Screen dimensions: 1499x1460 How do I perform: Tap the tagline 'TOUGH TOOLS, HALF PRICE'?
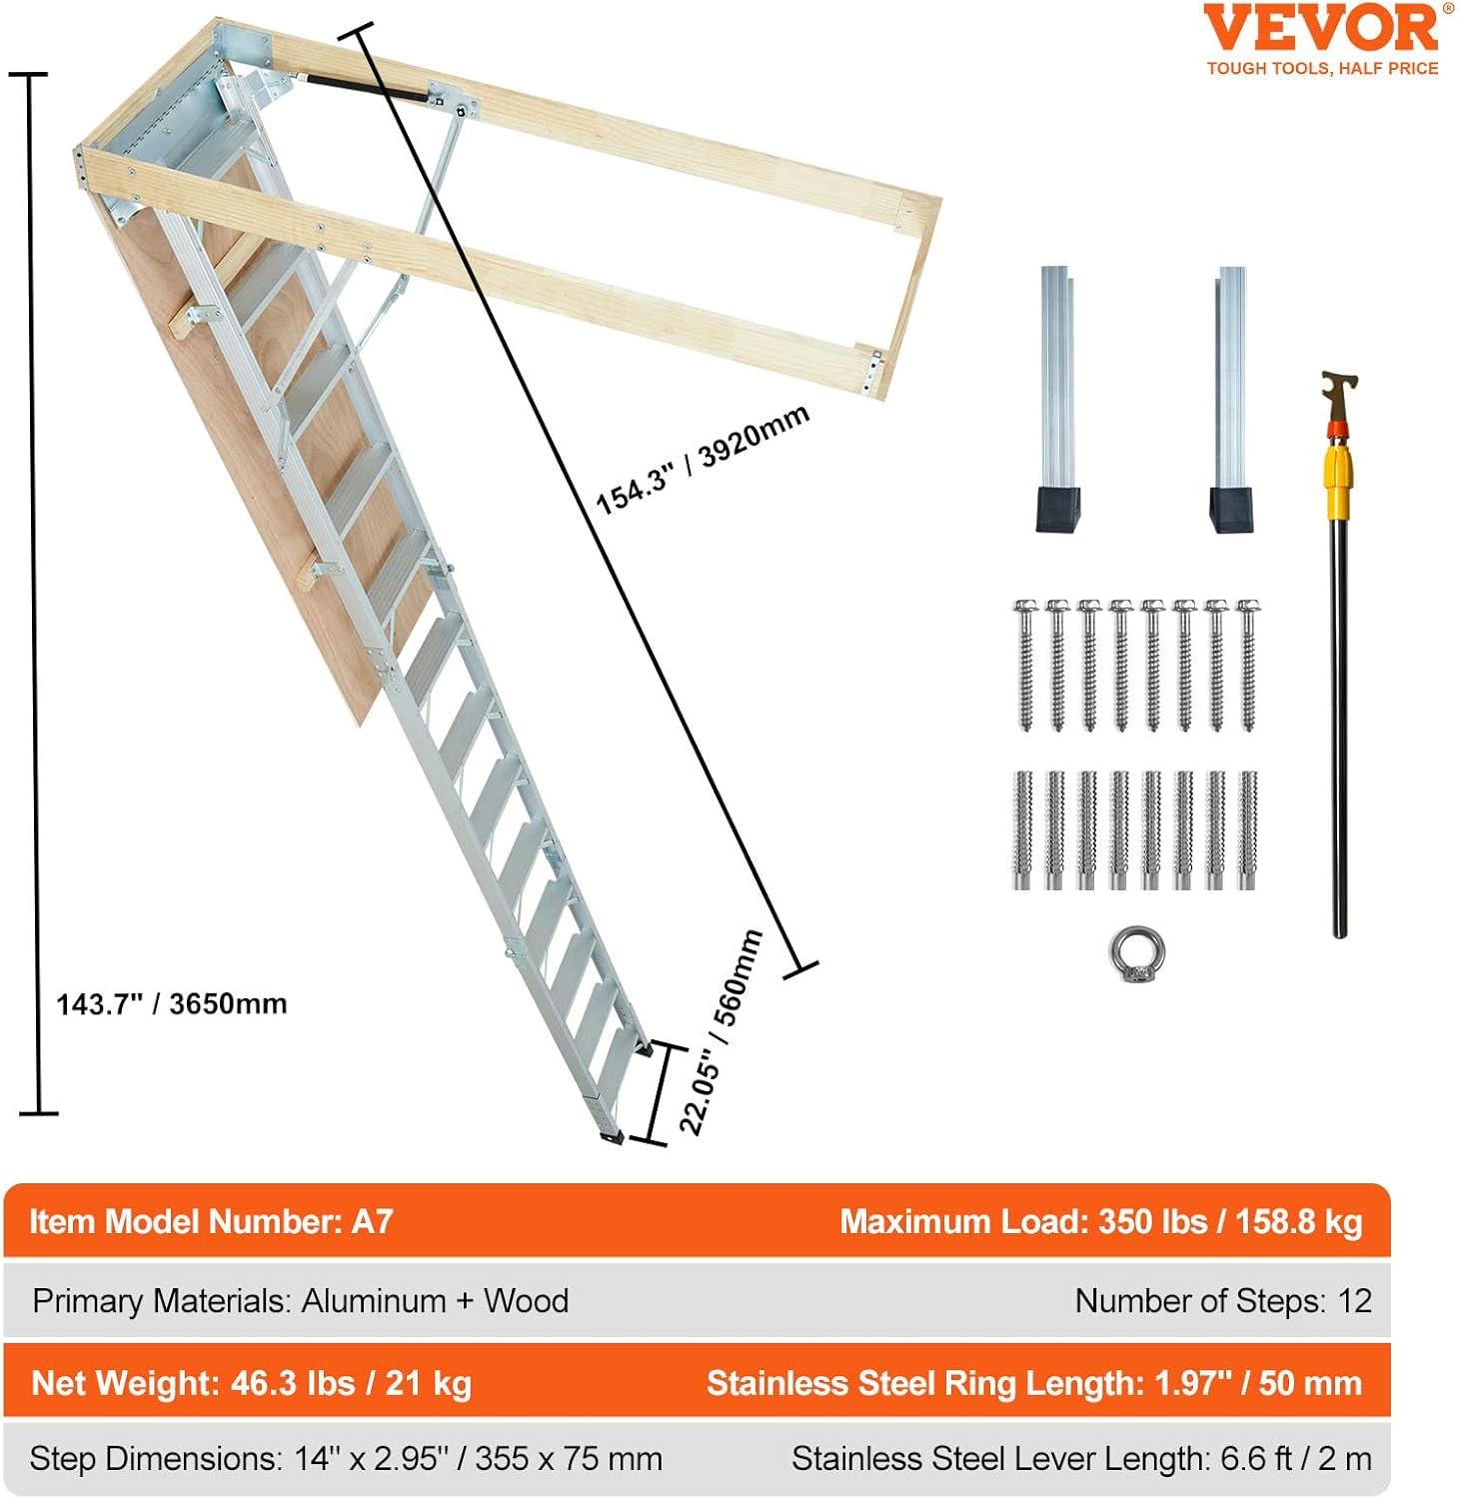click(x=1322, y=69)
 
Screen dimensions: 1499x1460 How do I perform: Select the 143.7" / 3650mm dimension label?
click(x=171, y=1003)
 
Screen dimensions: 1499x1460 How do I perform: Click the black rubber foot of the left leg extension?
click(x=1057, y=509)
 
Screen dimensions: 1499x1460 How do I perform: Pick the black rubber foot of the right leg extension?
click(x=1231, y=509)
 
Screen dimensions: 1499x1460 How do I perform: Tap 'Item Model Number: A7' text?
click(x=211, y=1221)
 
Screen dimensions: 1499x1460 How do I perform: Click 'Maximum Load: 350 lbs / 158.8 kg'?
click(x=1100, y=1221)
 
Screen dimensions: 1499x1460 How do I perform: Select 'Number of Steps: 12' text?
click(x=1222, y=1301)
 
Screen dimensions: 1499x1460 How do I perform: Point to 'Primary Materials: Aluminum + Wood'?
click(x=300, y=1301)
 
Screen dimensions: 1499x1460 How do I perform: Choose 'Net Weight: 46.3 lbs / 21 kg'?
click(x=251, y=1383)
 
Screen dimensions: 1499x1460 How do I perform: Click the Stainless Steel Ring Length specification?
click(x=1033, y=1383)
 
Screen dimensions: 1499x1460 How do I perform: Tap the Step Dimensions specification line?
click(x=346, y=1459)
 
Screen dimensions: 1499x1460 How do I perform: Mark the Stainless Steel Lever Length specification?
click(x=1081, y=1459)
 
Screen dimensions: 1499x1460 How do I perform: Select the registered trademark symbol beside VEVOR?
click(x=1448, y=9)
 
